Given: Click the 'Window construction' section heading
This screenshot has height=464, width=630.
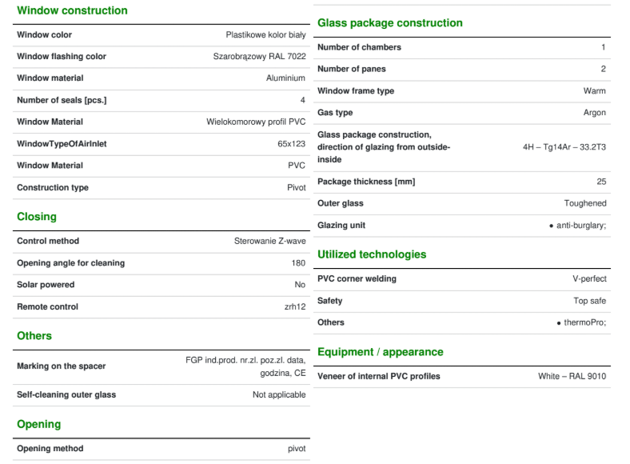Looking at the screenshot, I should (72, 10).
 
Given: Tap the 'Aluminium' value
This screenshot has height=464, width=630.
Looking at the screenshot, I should (285, 78).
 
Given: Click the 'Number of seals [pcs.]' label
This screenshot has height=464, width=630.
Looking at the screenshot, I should (62, 100).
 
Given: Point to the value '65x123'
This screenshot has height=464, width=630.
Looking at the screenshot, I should (291, 144).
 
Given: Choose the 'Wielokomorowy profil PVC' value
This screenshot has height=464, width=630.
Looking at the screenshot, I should (256, 122).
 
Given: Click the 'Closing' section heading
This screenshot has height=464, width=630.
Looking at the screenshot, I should (37, 217).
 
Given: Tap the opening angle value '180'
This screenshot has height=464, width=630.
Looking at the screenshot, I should (298, 263).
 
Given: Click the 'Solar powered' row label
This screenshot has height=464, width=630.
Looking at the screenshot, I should (46, 285).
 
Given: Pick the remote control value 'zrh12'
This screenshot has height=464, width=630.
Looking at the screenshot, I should (295, 306).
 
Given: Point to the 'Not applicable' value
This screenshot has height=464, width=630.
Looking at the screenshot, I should (279, 394).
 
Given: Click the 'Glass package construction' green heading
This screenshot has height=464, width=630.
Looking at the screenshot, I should (390, 23).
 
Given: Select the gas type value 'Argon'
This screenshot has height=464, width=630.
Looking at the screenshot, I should (594, 113).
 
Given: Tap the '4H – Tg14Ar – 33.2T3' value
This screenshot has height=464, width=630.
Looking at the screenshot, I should (564, 147).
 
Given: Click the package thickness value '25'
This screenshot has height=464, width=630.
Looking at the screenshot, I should (601, 182).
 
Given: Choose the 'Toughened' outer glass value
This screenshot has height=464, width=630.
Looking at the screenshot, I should (584, 203).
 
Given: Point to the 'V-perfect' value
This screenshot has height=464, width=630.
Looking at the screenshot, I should (589, 279).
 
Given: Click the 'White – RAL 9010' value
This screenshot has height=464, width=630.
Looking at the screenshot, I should (572, 376).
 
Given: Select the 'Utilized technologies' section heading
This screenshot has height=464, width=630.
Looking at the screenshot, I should (372, 254).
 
